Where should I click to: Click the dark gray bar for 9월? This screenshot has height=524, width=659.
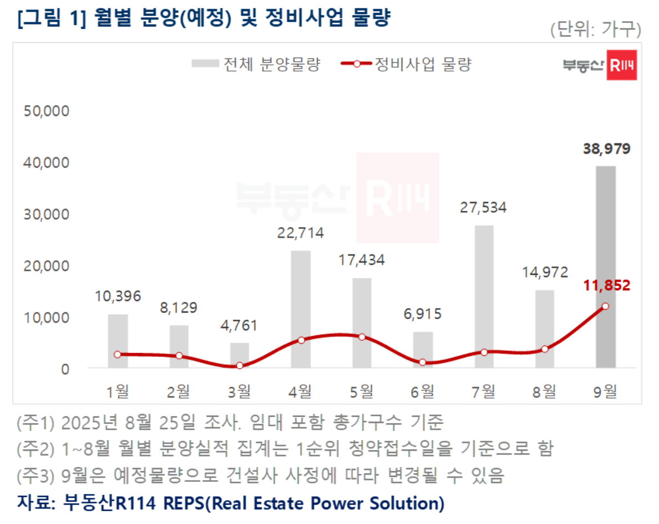[x=605, y=266]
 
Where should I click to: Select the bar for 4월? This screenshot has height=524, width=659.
[x=301, y=309]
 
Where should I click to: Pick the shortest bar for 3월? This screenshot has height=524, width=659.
[x=240, y=355]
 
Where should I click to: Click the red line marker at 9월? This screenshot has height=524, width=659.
[x=605, y=306]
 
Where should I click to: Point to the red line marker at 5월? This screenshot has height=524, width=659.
[x=362, y=337]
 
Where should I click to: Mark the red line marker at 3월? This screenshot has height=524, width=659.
[x=240, y=366]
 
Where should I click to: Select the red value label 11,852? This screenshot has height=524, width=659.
[x=606, y=286]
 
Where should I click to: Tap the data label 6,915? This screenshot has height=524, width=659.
[x=423, y=315]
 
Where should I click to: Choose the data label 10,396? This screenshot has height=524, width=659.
[x=118, y=296]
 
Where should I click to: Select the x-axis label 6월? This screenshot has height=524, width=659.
[x=423, y=392]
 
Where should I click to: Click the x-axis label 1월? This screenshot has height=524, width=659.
[x=118, y=392]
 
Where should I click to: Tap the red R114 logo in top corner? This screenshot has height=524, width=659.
[x=621, y=65]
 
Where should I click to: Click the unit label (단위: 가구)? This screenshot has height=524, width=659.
[x=595, y=29]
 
